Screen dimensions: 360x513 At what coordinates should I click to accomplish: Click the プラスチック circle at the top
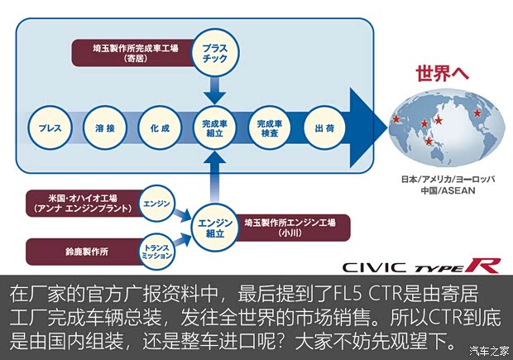214,54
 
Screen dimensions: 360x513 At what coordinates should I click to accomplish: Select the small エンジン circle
156,203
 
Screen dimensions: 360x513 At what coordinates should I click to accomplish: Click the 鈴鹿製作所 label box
83,251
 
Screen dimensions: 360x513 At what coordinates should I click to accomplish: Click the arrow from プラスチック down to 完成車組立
214,85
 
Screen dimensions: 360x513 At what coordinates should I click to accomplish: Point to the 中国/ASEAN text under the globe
441,190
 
